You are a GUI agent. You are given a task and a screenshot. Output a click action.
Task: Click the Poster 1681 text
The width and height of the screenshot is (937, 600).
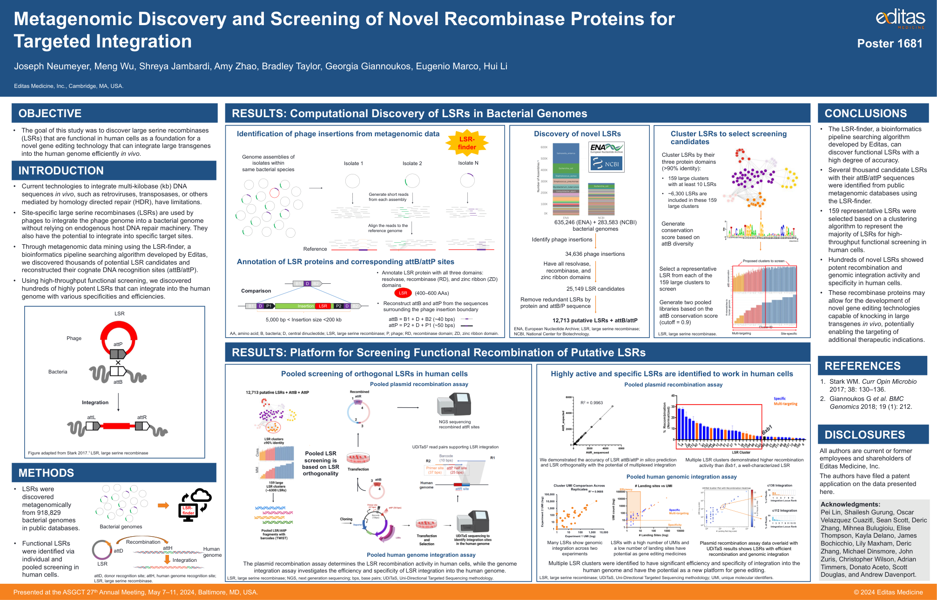(x=890, y=44)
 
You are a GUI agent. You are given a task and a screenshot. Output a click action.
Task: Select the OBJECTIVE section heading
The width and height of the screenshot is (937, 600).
(x=50, y=113)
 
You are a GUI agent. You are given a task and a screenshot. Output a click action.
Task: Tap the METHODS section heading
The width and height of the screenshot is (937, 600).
(x=46, y=473)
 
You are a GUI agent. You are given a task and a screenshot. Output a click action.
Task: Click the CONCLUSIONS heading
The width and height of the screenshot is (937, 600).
(x=865, y=113)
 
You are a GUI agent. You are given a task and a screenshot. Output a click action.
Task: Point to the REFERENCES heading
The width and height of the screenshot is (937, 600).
(x=862, y=366)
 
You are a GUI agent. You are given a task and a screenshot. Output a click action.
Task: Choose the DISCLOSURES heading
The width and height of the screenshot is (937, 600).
(x=864, y=435)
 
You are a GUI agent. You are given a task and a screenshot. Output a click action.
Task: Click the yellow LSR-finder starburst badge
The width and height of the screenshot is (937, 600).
(x=467, y=143)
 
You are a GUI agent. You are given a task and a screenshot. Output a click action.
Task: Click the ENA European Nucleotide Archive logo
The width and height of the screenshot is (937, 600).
(x=606, y=148)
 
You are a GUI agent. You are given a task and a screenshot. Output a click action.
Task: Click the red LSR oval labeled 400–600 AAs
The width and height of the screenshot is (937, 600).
(x=403, y=293)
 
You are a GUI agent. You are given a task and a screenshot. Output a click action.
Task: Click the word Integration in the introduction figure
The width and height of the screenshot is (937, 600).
(x=95, y=403)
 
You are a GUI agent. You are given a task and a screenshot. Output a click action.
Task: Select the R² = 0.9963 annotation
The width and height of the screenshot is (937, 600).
(x=591, y=403)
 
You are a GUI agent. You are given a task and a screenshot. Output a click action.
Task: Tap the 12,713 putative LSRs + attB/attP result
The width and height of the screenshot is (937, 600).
(x=594, y=320)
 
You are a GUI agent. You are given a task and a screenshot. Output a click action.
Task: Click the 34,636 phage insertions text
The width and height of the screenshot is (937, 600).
(x=594, y=254)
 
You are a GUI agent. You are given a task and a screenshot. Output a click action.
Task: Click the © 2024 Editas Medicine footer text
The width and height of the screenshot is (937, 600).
(x=888, y=592)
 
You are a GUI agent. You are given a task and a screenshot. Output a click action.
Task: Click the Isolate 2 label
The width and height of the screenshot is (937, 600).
(x=412, y=163)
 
